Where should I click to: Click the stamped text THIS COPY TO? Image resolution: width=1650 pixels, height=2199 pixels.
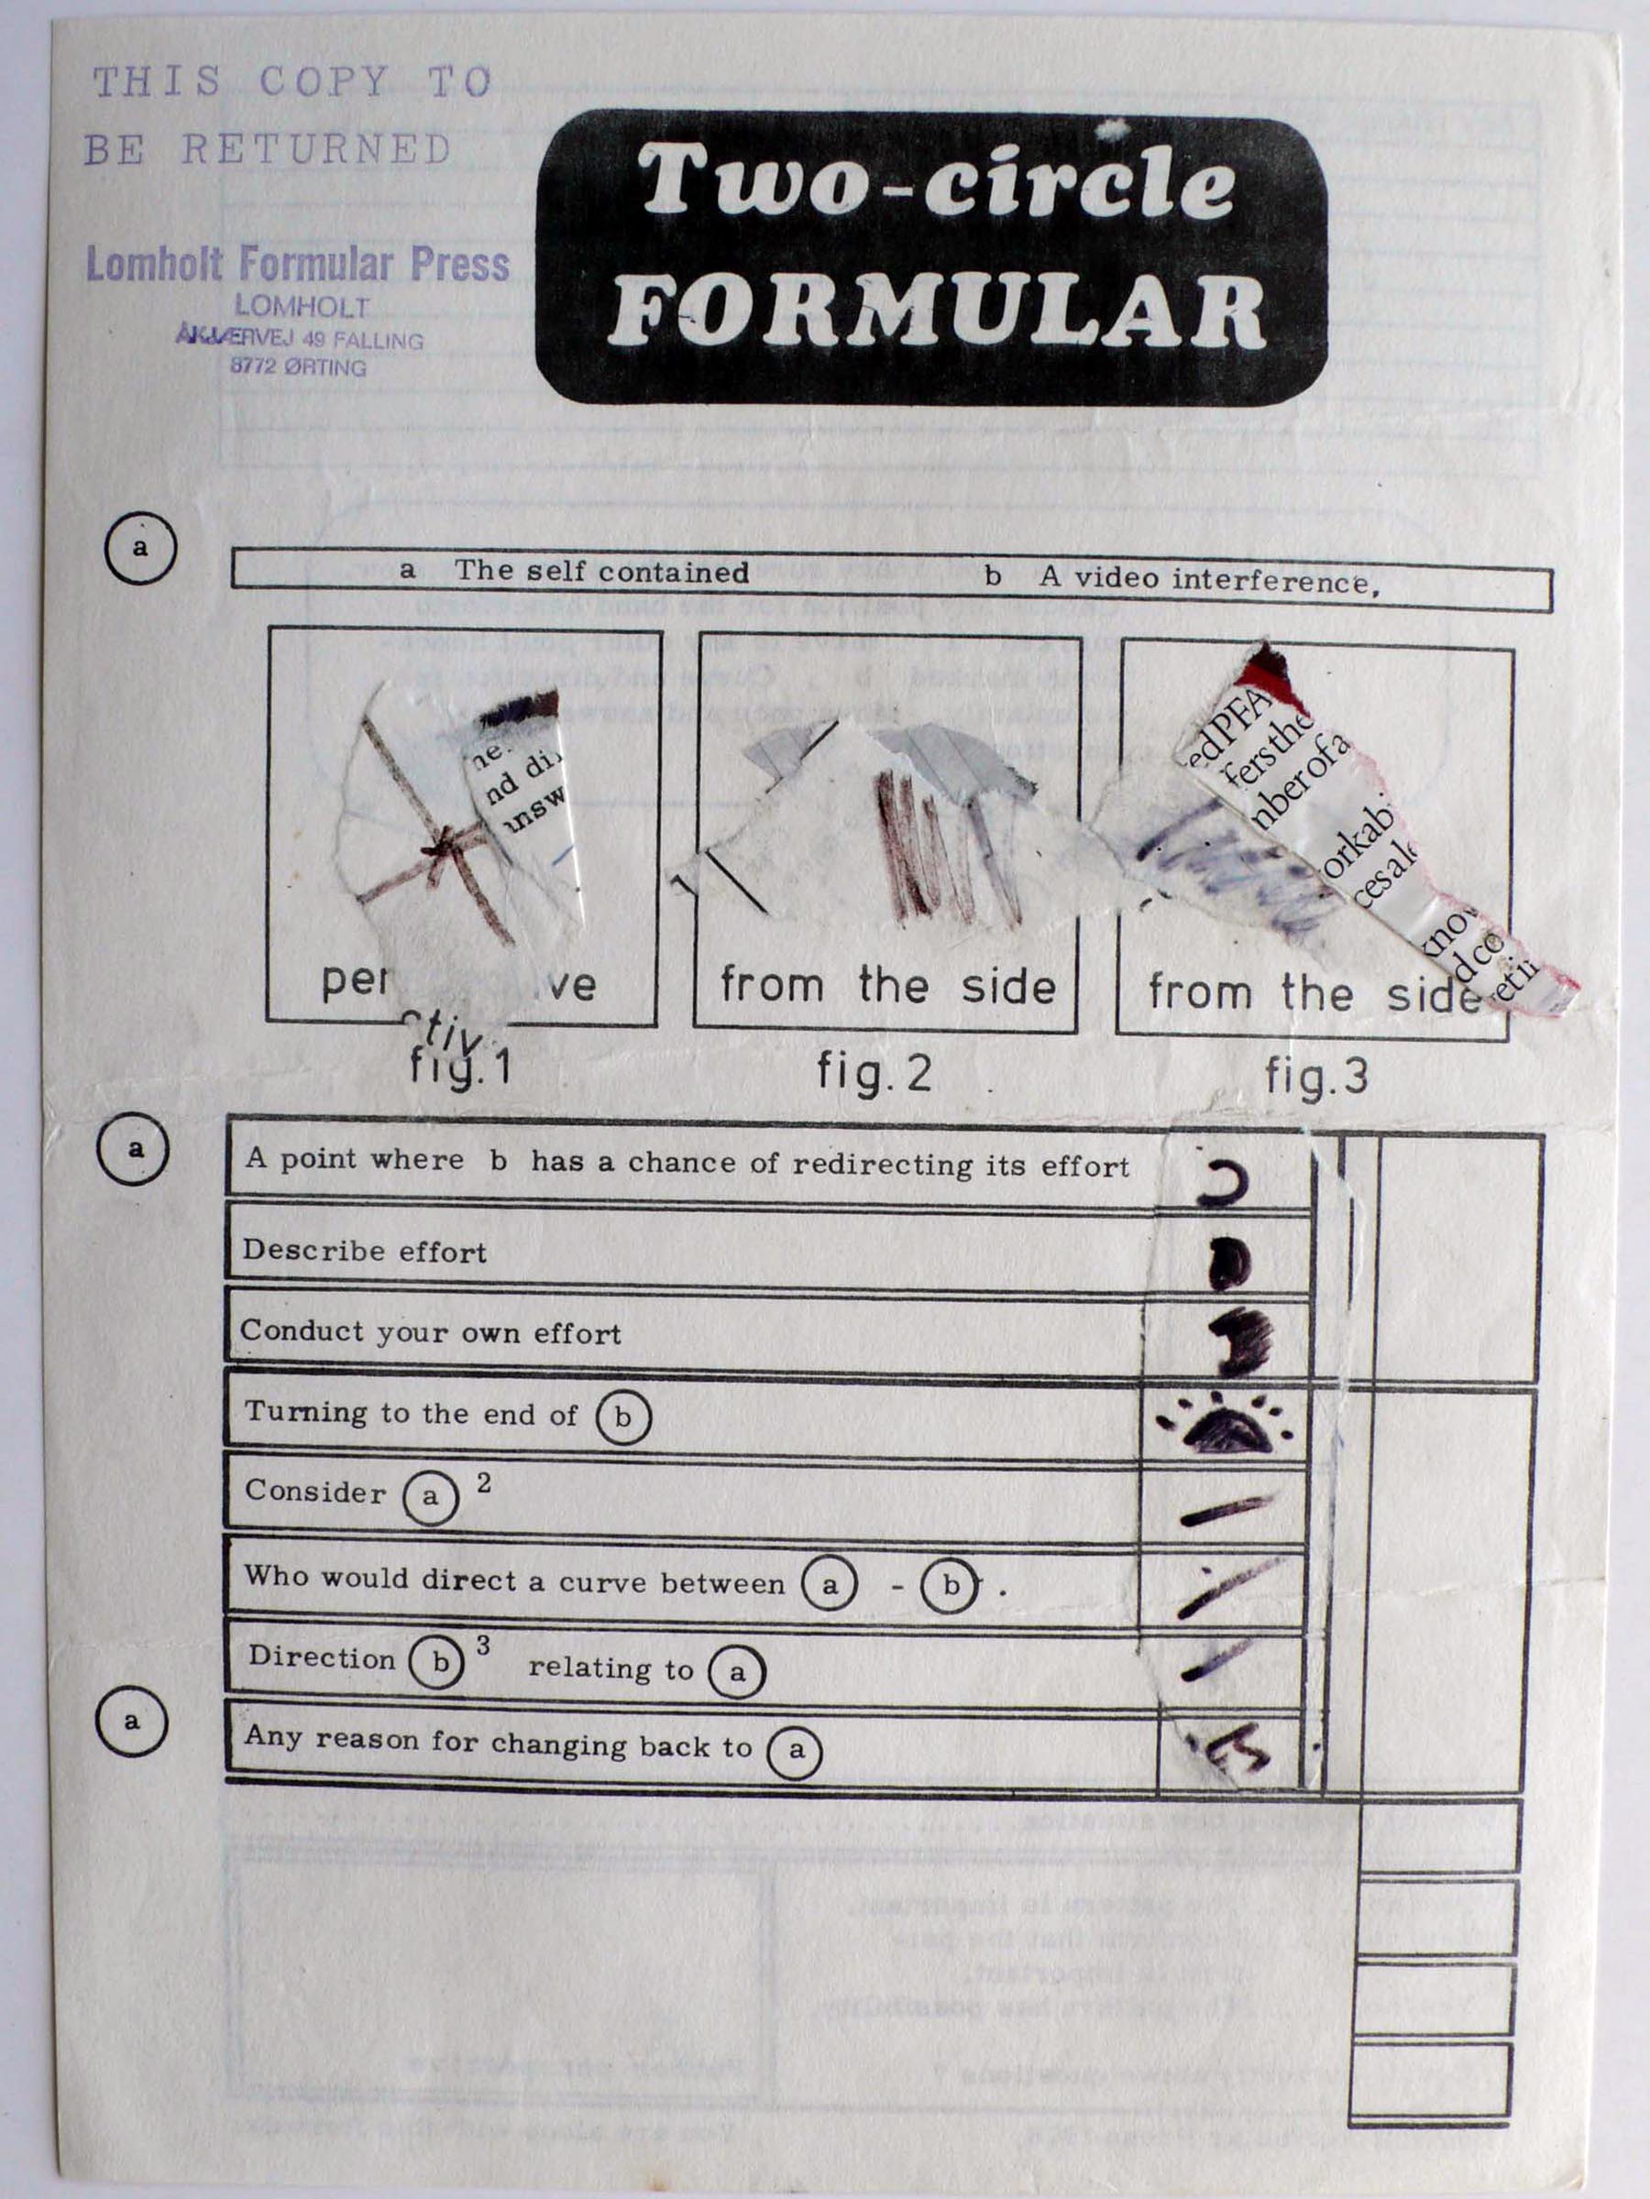291,82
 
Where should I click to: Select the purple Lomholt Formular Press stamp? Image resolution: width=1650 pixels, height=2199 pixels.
297,265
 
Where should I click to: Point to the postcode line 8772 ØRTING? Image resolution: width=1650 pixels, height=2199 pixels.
298,366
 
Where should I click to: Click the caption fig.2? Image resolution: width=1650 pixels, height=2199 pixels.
874,1073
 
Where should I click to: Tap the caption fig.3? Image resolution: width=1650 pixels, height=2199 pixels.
1315,1076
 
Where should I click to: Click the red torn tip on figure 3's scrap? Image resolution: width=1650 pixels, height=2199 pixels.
1269,669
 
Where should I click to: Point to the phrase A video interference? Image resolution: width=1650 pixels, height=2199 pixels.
1208,580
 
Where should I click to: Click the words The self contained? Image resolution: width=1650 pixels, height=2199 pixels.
600,572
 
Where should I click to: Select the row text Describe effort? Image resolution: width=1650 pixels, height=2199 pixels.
364,1250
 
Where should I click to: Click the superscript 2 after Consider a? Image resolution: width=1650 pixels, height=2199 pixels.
484,1483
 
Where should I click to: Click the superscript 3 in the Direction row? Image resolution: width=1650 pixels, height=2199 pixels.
483,1646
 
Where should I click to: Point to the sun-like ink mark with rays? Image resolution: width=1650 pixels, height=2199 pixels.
1227,1425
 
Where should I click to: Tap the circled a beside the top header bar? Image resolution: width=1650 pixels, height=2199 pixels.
140,547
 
